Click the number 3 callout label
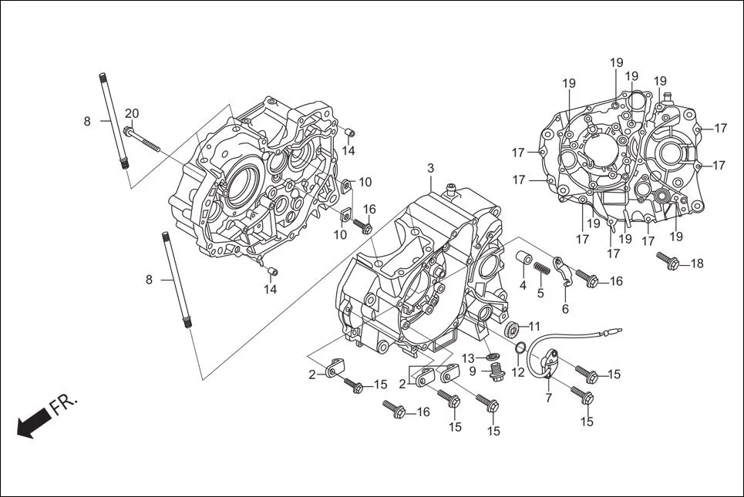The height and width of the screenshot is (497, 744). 430,168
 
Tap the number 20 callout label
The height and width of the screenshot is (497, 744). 132,114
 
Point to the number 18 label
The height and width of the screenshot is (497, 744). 696,264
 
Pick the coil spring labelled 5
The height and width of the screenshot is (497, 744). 542,268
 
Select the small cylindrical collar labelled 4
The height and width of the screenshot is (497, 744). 523,257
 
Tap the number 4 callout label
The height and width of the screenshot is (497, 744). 523,285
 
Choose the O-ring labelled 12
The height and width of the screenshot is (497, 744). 521,347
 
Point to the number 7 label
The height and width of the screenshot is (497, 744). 548,398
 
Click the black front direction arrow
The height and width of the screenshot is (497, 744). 32,425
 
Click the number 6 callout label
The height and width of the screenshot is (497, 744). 565,309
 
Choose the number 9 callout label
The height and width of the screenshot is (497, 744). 473,372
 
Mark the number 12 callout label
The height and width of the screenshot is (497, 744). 517,372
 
